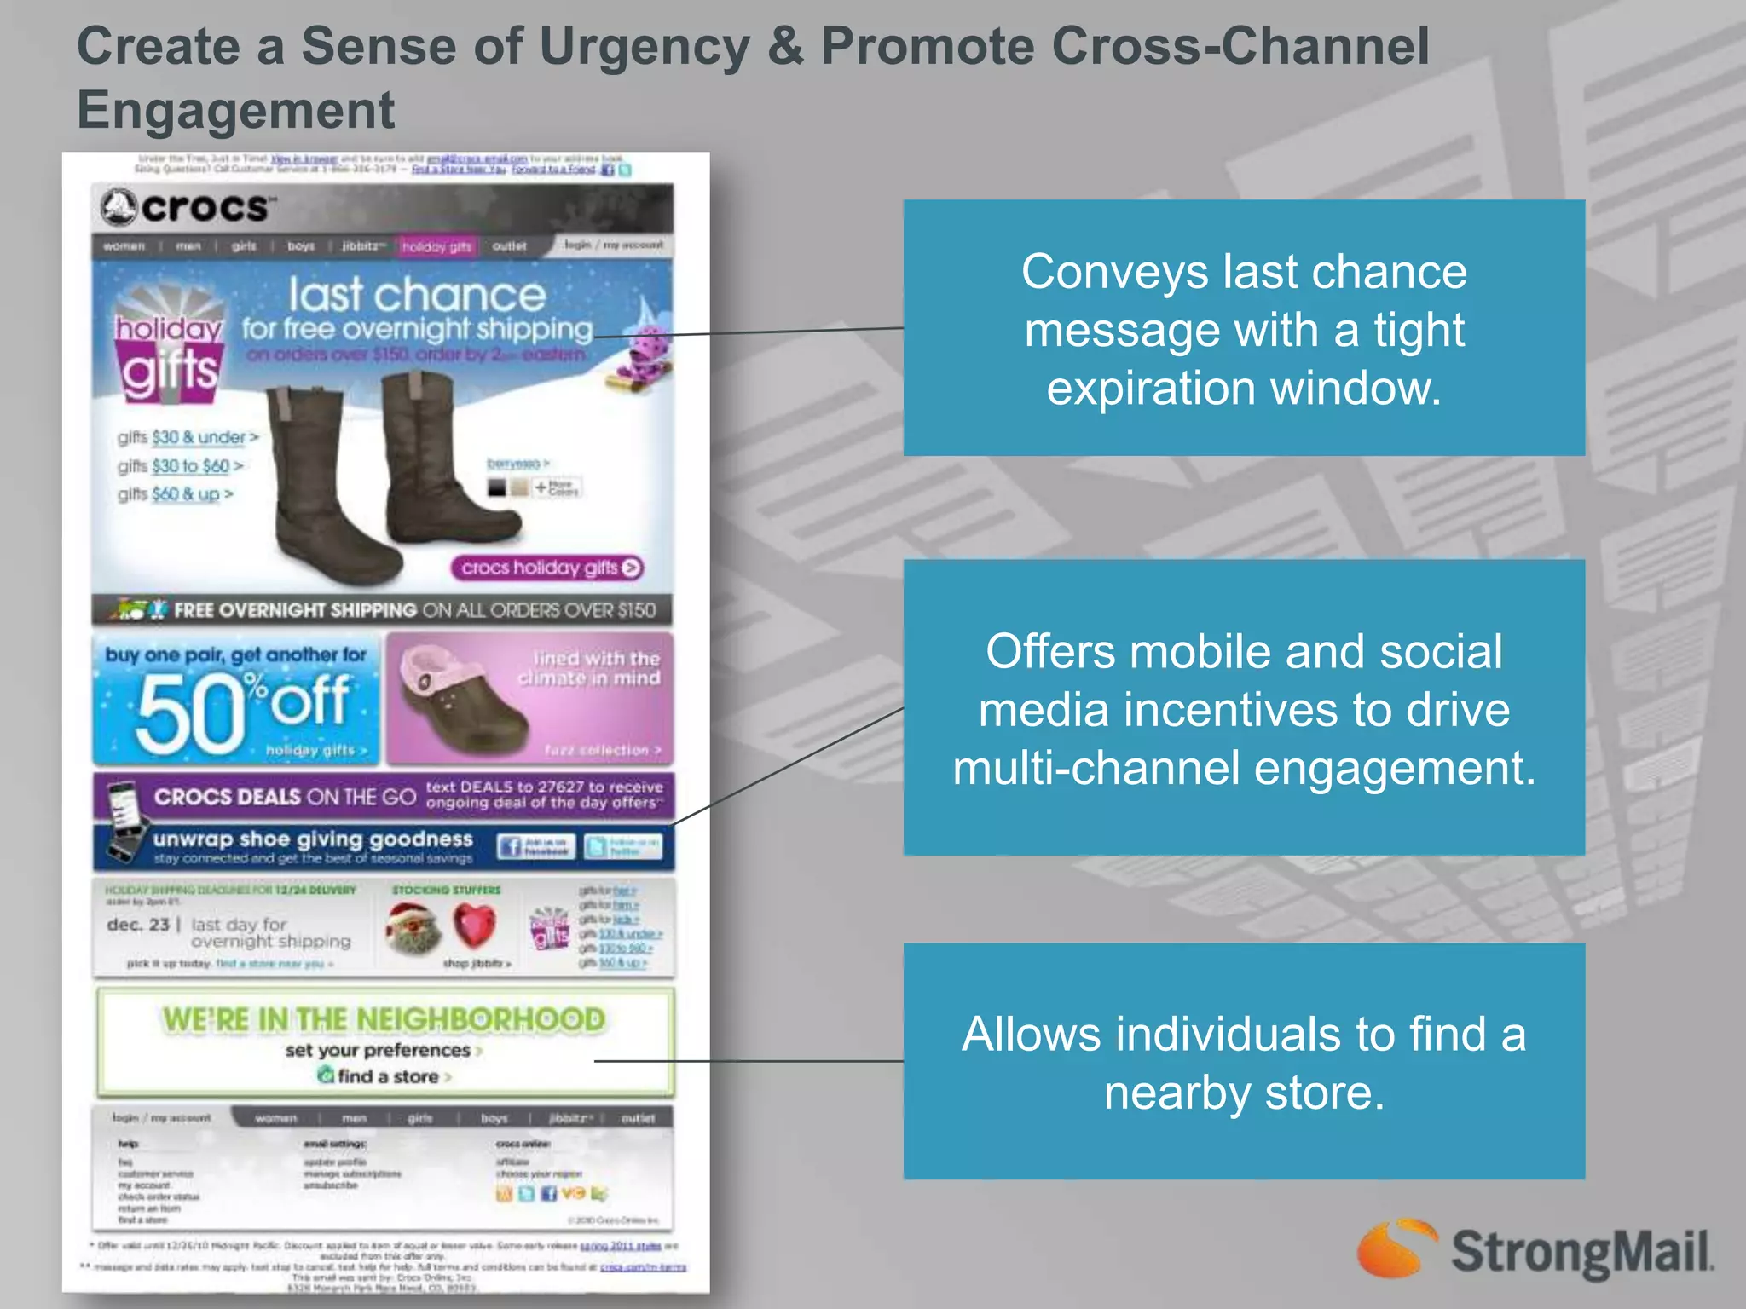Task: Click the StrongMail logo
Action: coord(1535,1250)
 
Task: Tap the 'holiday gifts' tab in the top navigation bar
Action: coord(436,246)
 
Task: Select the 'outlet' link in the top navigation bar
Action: coord(509,245)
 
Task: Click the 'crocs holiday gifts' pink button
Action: coord(546,568)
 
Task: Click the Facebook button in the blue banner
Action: coord(536,846)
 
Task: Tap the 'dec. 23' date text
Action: coord(137,924)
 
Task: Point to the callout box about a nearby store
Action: coord(1243,1061)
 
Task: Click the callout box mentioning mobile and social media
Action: coord(1243,707)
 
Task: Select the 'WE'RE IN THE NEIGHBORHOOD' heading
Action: coord(384,1019)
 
